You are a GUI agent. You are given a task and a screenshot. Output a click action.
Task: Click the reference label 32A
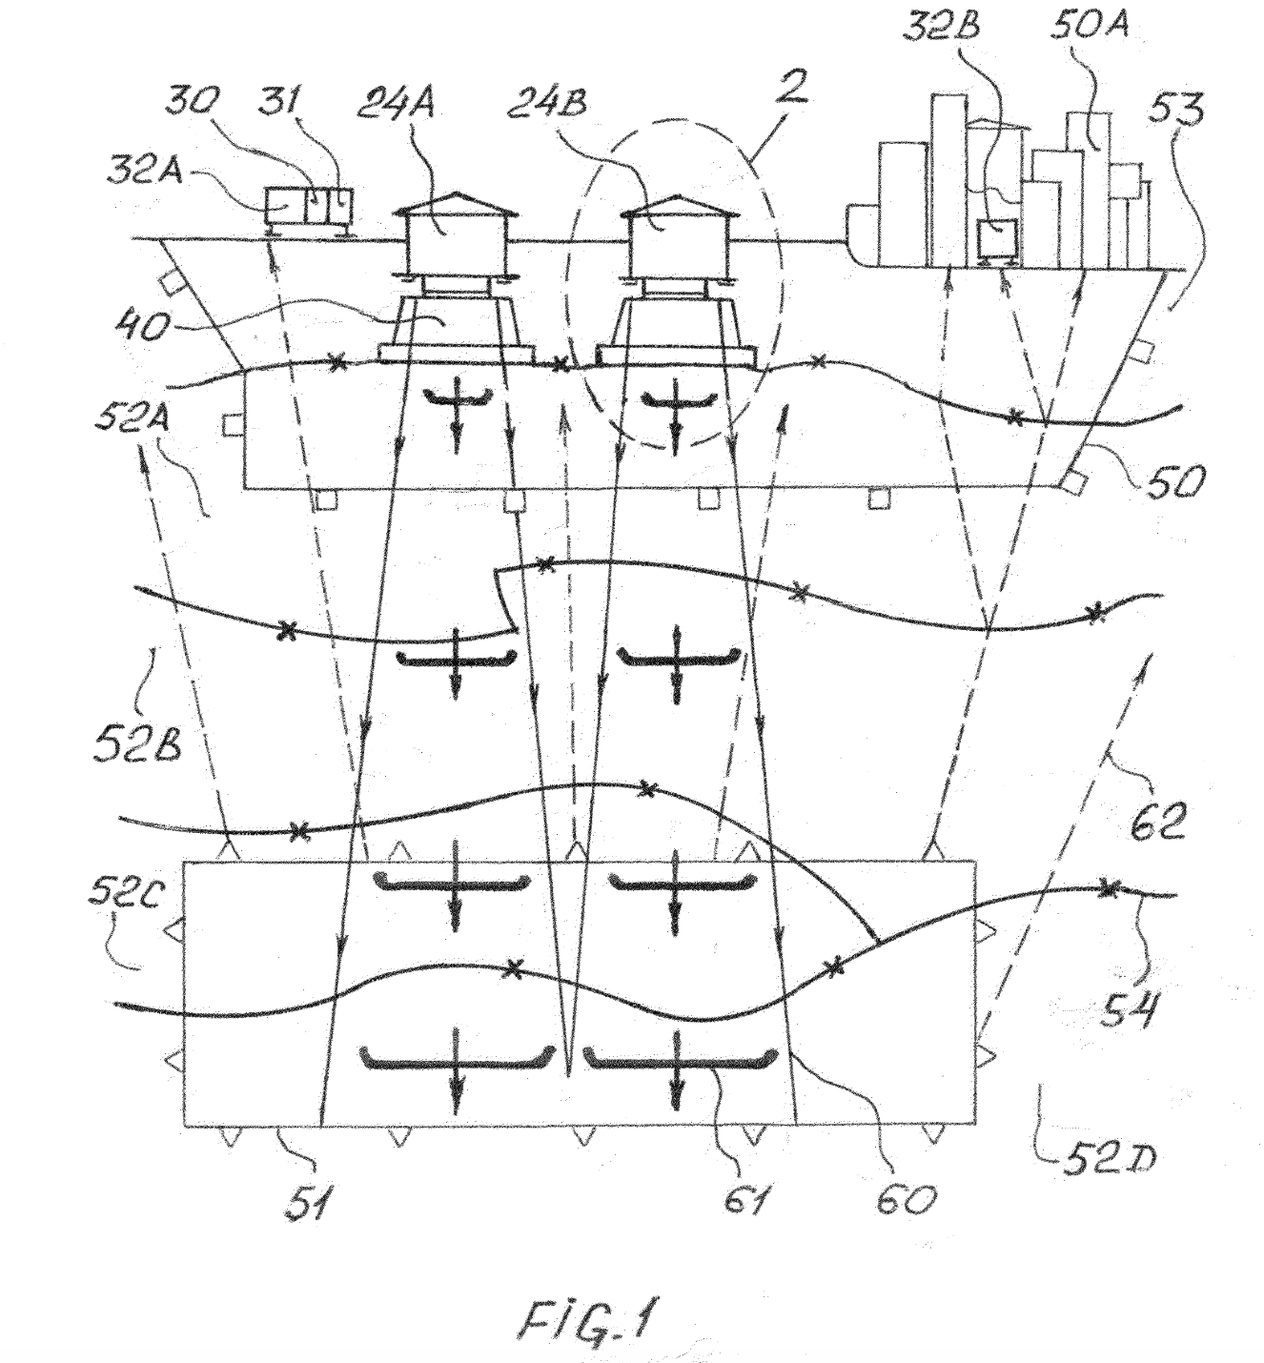[144, 171]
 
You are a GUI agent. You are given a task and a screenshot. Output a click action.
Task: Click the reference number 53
[1176, 109]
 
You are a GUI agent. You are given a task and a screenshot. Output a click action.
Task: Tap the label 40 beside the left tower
[144, 327]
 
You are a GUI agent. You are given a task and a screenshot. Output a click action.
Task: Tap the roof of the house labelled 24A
[450, 202]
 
